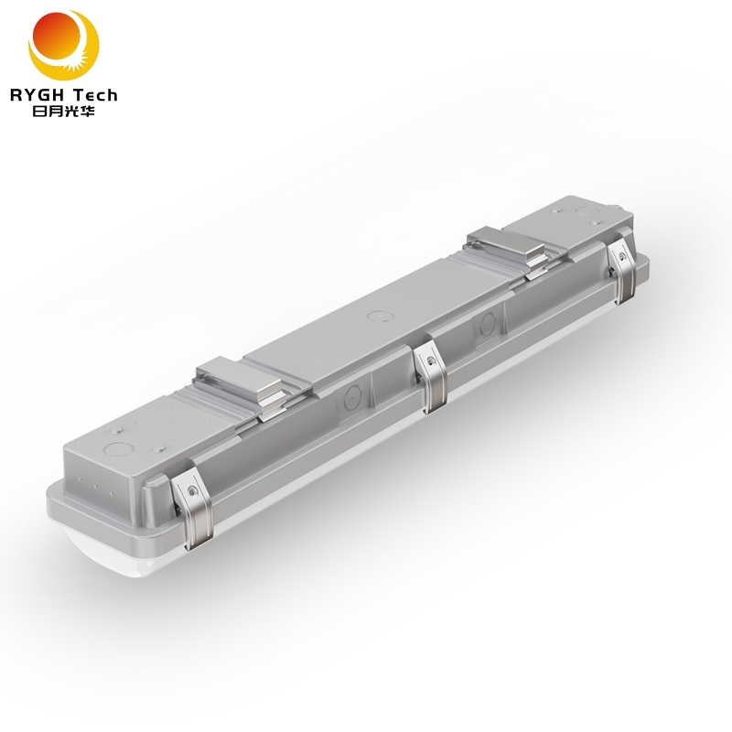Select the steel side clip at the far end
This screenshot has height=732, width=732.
625,264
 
